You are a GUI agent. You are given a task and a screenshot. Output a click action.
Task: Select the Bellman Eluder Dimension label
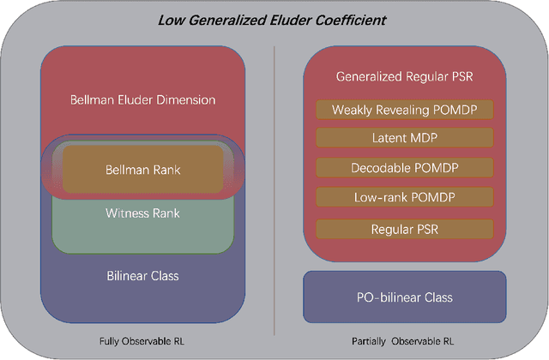pos(142,99)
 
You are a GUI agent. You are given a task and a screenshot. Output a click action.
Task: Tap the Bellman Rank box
pos(142,169)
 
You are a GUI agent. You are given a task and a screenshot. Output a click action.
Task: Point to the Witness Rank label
pos(142,213)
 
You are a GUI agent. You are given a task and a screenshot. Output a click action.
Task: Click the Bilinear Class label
pos(142,276)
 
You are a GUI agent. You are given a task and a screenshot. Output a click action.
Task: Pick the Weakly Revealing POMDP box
pos(404,110)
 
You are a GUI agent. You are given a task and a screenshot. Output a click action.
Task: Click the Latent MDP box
pos(404,137)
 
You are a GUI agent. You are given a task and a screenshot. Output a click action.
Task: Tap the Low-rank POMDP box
pos(404,197)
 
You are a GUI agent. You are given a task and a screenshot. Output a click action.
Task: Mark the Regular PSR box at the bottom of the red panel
pos(404,229)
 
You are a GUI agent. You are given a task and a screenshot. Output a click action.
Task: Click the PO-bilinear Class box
pos(404,297)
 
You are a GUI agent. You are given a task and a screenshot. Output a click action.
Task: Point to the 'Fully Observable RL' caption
pos(142,341)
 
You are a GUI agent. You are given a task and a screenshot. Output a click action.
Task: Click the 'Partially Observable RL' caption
pos(404,341)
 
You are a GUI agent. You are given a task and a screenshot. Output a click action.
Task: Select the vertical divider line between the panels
pos(274,189)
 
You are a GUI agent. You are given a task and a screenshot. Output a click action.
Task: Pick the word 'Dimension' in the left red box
pos(187,99)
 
